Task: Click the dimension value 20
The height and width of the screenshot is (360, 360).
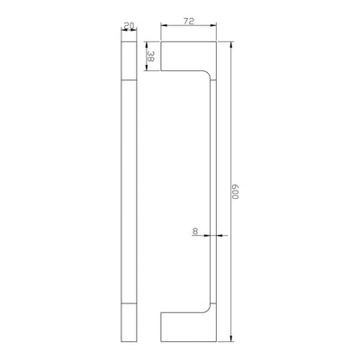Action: (129, 26)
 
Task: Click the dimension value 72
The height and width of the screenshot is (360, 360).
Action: (189, 21)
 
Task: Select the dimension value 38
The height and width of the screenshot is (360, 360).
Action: (150, 56)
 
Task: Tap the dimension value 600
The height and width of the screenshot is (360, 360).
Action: (234, 191)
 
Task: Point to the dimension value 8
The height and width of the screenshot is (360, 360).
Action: (195, 231)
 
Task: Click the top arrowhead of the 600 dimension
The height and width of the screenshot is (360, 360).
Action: (230, 45)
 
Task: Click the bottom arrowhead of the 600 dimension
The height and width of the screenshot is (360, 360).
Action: (230, 338)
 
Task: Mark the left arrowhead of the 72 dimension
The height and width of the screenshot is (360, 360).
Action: (164, 25)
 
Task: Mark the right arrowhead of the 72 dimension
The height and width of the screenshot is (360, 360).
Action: (213, 25)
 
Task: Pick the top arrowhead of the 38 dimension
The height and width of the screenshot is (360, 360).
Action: (146, 45)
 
